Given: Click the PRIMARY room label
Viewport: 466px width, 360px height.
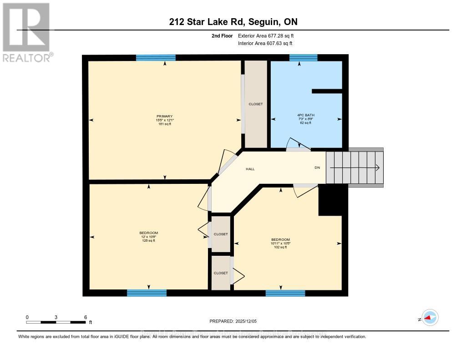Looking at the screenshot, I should coord(165,116).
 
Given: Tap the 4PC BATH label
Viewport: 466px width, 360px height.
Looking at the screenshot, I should coord(305,115).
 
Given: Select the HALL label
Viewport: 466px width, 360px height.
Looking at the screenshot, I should coord(250,169).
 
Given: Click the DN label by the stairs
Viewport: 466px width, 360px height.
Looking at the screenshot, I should coord(317,167).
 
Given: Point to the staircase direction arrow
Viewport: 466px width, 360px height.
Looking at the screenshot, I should coord(355,167).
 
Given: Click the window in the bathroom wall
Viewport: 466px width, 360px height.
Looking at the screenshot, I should coord(303,57).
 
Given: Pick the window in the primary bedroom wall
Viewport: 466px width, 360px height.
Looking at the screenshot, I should coord(156,57).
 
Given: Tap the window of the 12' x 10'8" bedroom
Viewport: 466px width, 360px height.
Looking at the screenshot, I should coord(147,293).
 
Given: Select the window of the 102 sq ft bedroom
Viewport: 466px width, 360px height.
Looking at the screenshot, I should coord(285,293).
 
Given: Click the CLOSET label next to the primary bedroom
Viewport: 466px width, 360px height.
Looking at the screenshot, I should coord(256,104).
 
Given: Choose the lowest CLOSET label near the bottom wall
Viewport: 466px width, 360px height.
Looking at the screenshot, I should coord(221,273).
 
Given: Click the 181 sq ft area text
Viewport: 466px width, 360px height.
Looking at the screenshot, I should coord(165,123).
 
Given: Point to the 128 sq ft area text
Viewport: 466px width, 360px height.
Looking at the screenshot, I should coord(149,241).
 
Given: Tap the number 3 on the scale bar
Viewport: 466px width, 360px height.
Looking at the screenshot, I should coord(56,317).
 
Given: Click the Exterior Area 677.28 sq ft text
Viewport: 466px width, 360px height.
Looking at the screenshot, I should coord(269,35).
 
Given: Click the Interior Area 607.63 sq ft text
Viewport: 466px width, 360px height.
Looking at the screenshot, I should coord(265,43).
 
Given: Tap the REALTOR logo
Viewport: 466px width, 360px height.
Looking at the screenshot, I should coord(26,32).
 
